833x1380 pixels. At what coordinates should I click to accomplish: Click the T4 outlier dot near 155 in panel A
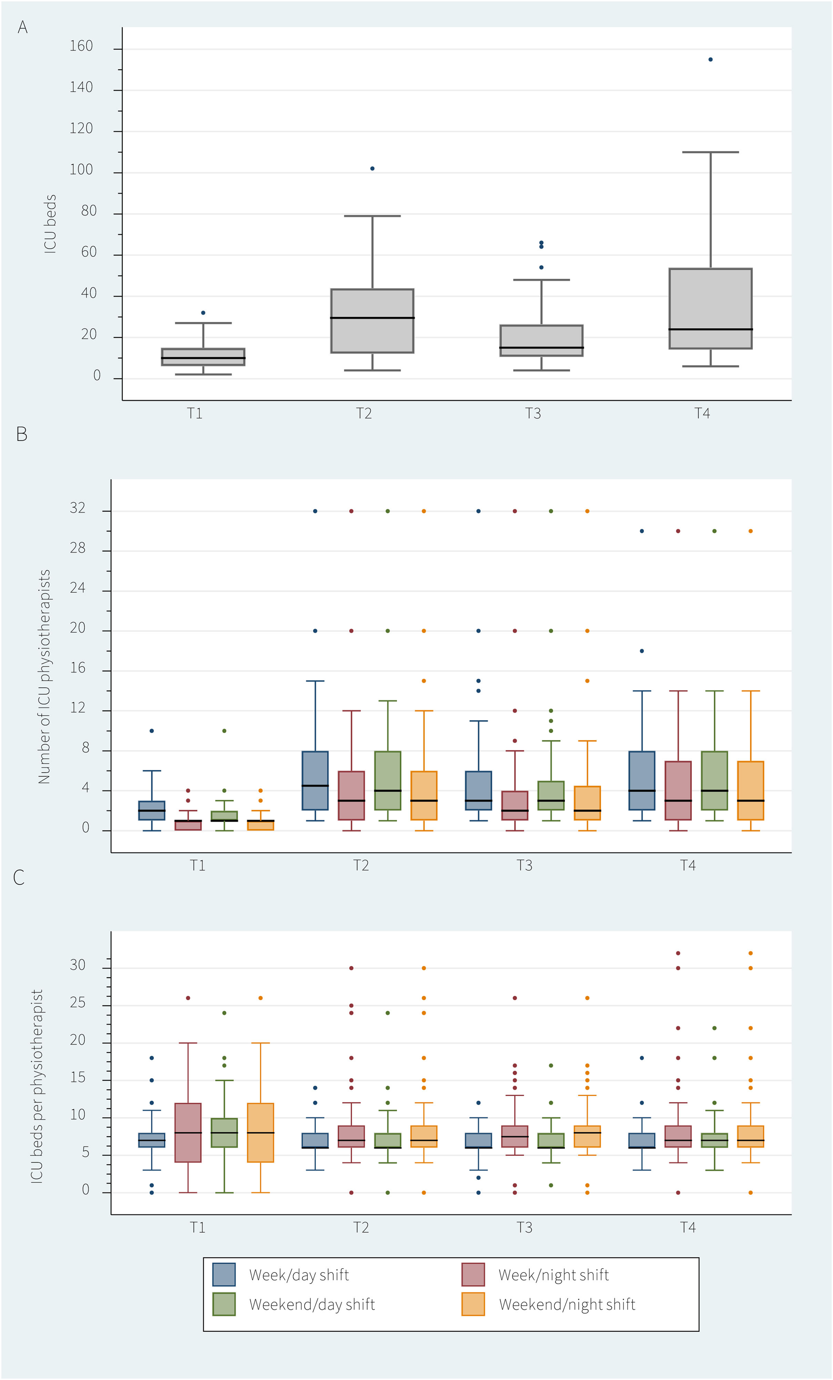710,59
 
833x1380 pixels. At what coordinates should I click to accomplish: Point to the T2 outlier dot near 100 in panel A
372,169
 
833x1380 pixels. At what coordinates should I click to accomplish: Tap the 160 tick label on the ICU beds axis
81,46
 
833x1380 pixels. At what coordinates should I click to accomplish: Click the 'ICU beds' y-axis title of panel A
50,224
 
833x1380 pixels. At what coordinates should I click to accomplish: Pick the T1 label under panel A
195,413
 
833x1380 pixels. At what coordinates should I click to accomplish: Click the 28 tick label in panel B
78,548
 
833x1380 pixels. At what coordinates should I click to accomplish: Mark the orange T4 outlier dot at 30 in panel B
751,531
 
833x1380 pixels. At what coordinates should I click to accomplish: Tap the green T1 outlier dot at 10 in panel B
224,731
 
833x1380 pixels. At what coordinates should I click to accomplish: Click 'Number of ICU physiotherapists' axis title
44,677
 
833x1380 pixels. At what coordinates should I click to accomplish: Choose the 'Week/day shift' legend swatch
224,1275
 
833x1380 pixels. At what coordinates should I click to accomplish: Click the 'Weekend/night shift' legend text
567,1305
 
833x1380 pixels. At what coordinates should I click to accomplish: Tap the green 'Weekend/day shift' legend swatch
224,1304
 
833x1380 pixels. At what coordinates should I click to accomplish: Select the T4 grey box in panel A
710,309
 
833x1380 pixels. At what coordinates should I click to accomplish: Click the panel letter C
19,878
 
